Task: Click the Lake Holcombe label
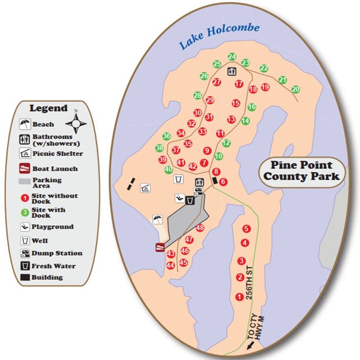coord(219,37)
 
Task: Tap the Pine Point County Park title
coord(302,171)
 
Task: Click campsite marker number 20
coord(296,90)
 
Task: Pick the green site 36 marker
coord(166,137)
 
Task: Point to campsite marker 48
coord(200,228)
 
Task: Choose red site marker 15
coord(236,103)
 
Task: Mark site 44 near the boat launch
coord(171,265)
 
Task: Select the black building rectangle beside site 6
coord(215,181)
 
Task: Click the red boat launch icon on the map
coord(160,247)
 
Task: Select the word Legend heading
coord(49,108)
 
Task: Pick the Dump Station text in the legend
coord(57,253)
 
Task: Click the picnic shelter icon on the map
coord(144,188)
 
